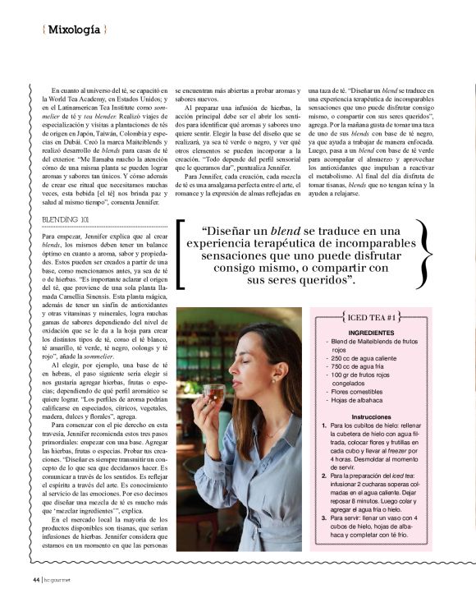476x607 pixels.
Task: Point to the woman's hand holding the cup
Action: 205,411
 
